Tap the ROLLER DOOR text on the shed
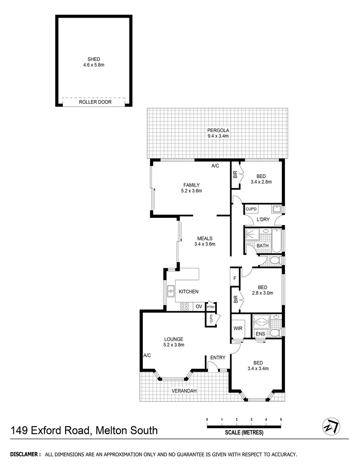coord(95,102)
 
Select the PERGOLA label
coord(218,130)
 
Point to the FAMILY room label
coord(191,185)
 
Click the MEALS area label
coord(205,238)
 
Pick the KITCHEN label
coord(188,292)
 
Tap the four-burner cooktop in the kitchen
coord(185,307)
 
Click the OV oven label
coord(199,306)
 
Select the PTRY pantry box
coord(210,307)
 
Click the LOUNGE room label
coord(174,339)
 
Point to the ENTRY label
coord(218,357)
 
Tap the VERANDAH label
coord(184,391)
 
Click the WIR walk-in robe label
coord(238,328)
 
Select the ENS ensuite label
coord(260,334)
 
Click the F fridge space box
coord(235,278)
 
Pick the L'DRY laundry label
coord(263,220)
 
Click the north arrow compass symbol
coord(331,426)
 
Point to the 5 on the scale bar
coord(281,419)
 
